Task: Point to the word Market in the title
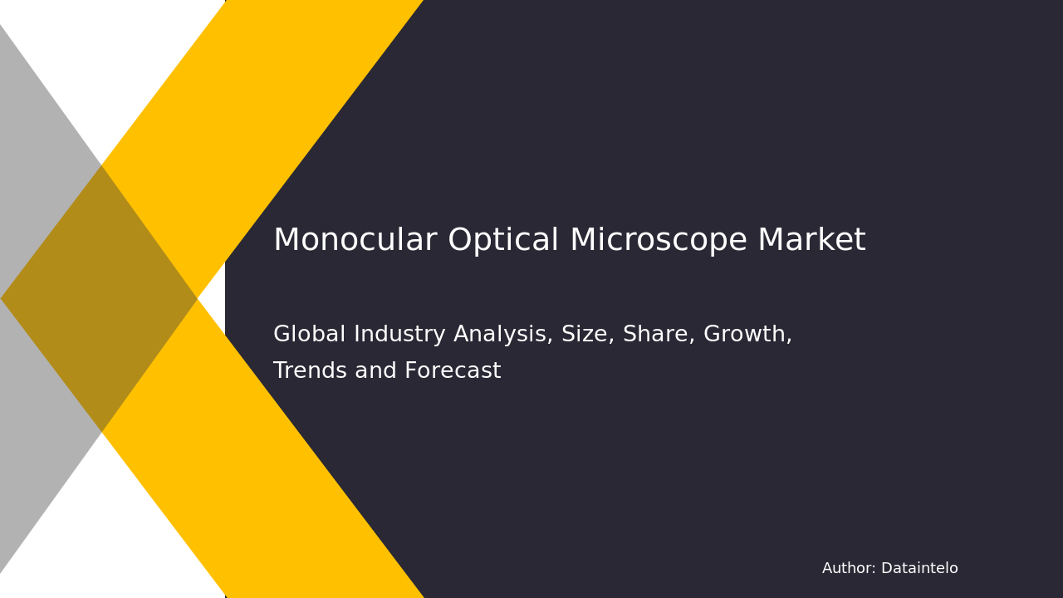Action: [x=811, y=241]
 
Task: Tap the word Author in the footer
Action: [x=847, y=569]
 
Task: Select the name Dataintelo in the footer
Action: [x=919, y=569]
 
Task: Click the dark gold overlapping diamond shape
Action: [x=100, y=298]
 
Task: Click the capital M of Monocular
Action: [x=287, y=241]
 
